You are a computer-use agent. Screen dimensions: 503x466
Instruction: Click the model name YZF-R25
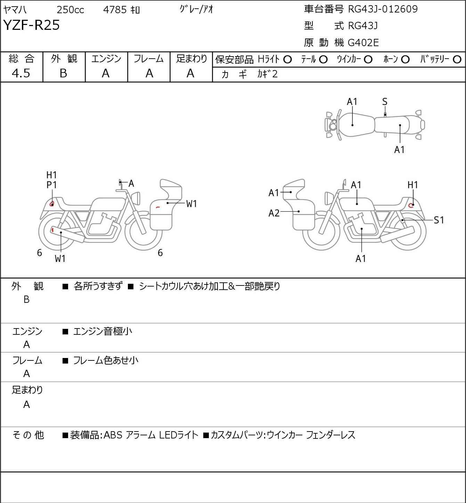[x=31, y=25]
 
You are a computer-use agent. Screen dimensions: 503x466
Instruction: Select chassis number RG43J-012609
[x=383, y=9]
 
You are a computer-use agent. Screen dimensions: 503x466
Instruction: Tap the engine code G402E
[x=363, y=43]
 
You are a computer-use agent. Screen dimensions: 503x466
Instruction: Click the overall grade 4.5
[x=21, y=73]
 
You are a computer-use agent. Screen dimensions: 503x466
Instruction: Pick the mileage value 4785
[x=115, y=10]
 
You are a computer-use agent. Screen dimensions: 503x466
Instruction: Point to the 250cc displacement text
[x=70, y=10]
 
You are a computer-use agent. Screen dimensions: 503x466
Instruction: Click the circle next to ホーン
[x=405, y=59]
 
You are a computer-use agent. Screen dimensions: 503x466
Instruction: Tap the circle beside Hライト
[x=287, y=59]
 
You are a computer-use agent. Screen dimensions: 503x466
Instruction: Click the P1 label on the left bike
[x=51, y=185]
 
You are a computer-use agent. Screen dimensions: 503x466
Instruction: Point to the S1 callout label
[x=439, y=220]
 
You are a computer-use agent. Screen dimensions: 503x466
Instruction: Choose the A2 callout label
[x=274, y=213]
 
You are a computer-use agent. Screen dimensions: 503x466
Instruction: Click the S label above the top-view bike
[x=385, y=102]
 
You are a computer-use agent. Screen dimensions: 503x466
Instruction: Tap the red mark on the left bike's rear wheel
[x=52, y=230]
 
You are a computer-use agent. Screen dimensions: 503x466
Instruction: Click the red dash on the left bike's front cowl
[x=158, y=207]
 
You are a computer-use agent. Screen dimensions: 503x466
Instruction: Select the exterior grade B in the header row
[x=63, y=73]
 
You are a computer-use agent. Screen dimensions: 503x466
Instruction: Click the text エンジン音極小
[x=103, y=331]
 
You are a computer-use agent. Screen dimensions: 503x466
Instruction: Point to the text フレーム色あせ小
[x=106, y=360]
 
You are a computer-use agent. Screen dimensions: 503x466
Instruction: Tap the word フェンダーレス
[x=330, y=435]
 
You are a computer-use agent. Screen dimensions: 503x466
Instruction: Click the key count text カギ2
[x=268, y=74]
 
